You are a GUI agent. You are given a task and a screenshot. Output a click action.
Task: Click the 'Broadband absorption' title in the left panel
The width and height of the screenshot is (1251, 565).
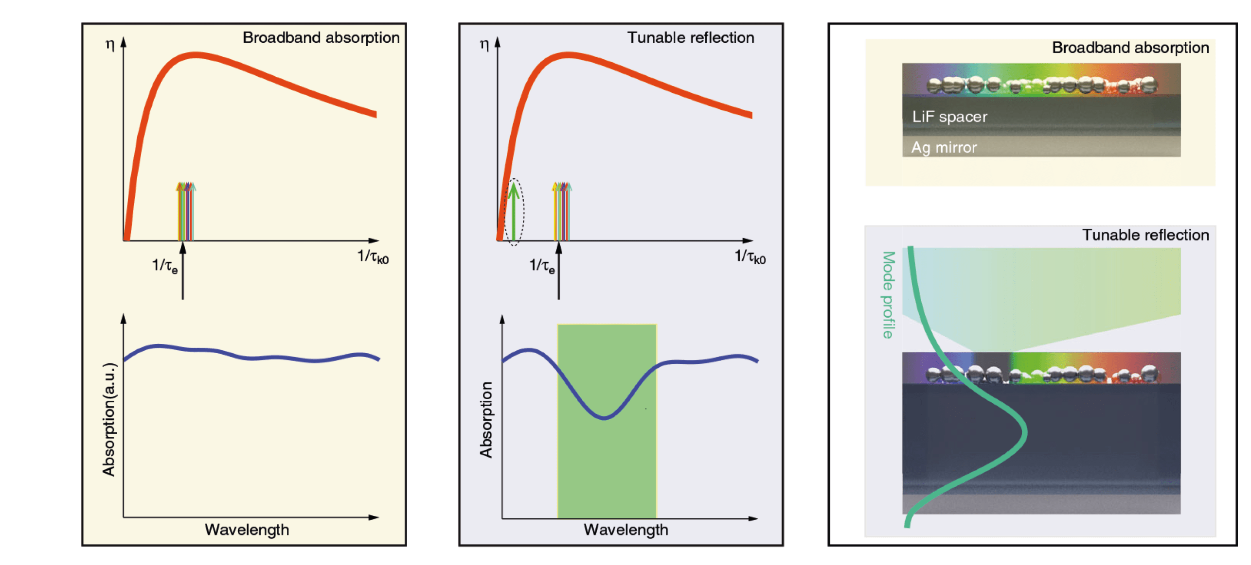321,38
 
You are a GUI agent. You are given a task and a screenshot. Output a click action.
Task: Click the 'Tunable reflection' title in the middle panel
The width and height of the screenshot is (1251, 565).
690,38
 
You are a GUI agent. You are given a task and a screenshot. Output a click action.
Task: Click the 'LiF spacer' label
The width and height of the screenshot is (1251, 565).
949,117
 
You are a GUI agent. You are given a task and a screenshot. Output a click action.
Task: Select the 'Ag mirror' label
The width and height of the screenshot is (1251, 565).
944,147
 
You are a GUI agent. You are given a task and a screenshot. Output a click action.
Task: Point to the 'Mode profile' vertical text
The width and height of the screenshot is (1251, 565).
888,294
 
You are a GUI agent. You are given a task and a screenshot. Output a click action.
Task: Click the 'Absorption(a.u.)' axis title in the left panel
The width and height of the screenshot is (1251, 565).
109,419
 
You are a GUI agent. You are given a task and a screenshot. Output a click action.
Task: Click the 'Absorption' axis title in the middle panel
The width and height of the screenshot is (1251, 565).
486,419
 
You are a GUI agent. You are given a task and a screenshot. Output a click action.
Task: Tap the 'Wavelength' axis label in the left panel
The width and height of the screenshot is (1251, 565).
247,530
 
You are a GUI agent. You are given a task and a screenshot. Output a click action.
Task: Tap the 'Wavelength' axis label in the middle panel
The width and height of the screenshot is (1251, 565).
625,530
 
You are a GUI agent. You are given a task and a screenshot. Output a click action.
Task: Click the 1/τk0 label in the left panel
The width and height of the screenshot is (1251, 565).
373,257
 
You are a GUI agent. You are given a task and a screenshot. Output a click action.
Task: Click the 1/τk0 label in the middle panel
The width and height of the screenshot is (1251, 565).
750,257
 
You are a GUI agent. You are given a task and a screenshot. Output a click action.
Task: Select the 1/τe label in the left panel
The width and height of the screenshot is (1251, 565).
165,266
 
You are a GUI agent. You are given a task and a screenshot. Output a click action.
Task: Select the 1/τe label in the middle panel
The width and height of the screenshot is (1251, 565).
542,266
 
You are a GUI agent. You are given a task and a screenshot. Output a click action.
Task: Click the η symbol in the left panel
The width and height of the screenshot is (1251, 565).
110,45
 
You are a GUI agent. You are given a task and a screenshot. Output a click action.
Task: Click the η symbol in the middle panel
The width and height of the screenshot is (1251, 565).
484,45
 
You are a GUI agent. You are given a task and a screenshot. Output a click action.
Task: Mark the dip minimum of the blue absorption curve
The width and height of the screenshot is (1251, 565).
604,417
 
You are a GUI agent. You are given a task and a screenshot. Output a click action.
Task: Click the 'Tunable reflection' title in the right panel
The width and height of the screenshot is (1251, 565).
1145,235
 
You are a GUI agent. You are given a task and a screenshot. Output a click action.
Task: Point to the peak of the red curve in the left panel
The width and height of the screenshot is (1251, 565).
195,55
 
